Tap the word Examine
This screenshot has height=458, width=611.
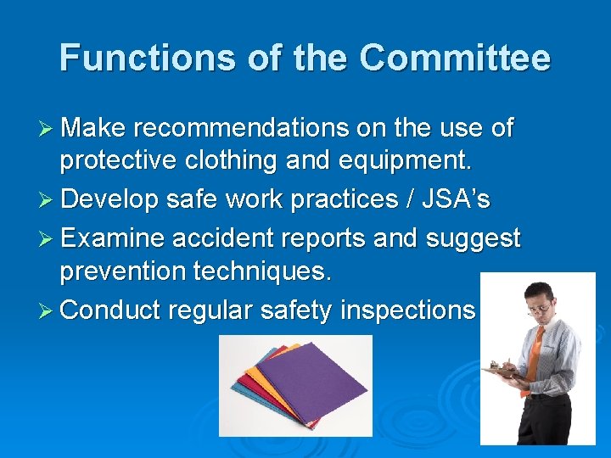[115, 238]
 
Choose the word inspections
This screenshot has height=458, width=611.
[407, 310]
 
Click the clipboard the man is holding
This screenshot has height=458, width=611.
[502, 371]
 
